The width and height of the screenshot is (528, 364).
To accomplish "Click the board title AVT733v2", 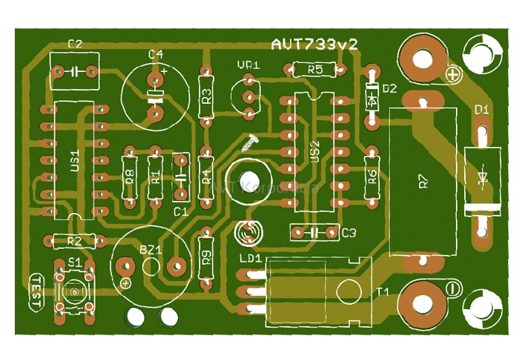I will pyautogui.click(x=314, y=45).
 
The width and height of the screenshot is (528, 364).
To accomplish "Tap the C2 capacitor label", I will pyautogui.click(x=75, y=45).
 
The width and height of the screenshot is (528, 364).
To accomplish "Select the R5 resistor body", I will pyautogui.click(x=314, y=70).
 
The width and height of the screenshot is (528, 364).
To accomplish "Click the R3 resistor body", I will pyautogui.click(x=207, y=96).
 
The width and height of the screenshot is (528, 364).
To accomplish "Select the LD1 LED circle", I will pyautogui.click(x=248, y=234).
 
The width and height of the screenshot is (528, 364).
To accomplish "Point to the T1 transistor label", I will pyautogui.click(x=383, y=291).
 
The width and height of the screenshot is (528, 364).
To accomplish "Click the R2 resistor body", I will pyautogui.click(x=75, y=241).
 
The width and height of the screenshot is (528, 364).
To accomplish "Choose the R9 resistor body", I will pyautogui.click(x=207, y=257).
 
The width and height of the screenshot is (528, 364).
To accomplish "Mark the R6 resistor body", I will pyautogui.click(x=372, y=176).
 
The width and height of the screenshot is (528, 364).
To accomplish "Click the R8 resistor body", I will pyautogui.click(x=129, y=176).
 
